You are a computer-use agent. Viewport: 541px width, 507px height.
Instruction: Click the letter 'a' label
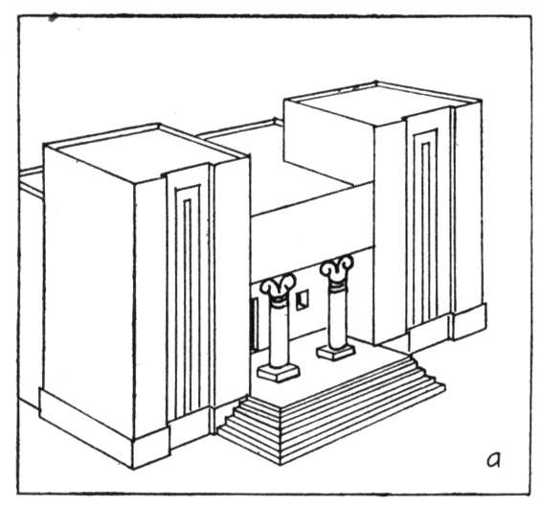493,459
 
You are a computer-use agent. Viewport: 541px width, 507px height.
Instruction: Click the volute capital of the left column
278,288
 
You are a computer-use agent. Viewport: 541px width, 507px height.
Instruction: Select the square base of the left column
279,373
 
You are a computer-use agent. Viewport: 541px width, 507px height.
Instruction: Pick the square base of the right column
336,353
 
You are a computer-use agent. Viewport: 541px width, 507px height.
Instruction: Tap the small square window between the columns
303,300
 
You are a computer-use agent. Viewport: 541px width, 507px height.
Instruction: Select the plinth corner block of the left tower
151,447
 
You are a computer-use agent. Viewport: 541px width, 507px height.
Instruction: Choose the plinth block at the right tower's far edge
470,321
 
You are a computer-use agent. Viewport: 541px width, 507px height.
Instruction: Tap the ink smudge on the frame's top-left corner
53,17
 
